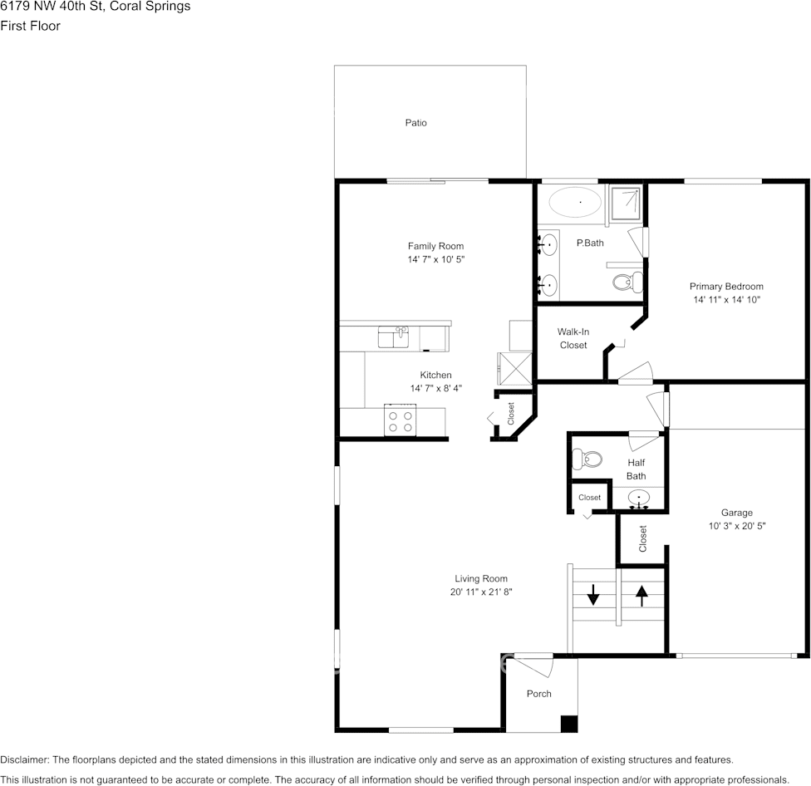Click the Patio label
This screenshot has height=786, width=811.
(x=415, y=123)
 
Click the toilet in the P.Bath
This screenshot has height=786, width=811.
(x=624, y=282)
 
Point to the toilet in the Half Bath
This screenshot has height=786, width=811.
(x=589, y=459)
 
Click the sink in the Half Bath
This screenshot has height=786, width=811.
(x=638, y=499)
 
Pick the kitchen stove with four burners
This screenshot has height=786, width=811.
(x=400, y=420)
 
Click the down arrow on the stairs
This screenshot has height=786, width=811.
(x=593, y=595)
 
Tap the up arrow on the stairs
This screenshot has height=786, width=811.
(x=641, y=595)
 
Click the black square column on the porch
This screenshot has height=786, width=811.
(x=568, y=724)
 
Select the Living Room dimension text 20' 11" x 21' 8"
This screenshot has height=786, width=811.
(x=481, y=592)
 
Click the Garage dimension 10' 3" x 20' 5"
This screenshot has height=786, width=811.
(x=736, y=526)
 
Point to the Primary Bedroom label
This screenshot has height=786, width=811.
(x=726, y=287)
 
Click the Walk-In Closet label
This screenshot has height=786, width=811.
(x=573, y=338)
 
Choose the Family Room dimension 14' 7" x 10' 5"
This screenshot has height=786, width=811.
(x=435, y=259)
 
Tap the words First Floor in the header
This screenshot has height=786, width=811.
(x=30, y=26)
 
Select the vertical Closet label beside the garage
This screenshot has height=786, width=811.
(x=642, y=538)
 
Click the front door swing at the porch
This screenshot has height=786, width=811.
(x=532, y=666)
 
